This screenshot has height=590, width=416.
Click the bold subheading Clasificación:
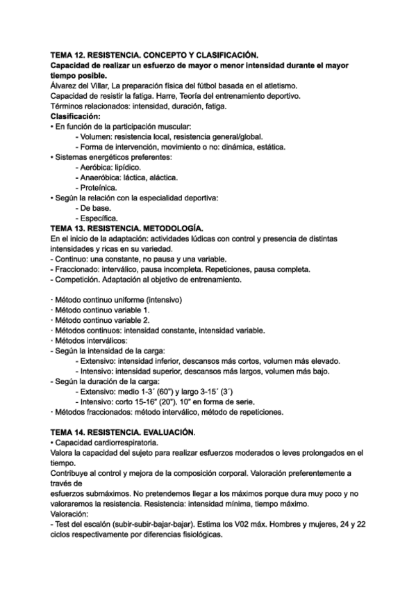(76, 115)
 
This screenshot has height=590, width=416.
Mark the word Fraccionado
(78, 269)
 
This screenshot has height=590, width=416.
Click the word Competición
(78, 279)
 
